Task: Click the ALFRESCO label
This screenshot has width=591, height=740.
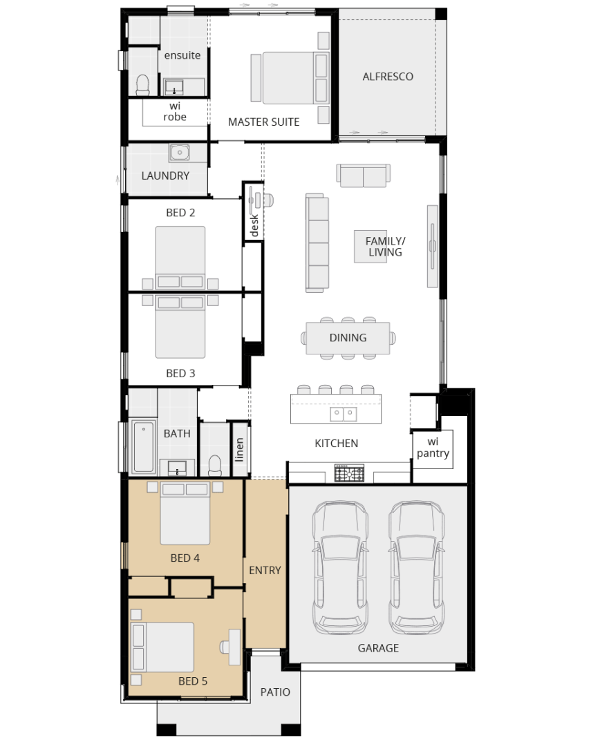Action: tap(388, 77)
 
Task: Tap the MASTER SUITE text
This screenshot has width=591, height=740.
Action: tap(264, 122)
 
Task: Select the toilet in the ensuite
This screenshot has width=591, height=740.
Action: tap(142, 86)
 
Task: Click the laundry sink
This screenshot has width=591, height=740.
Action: tap(180, 153)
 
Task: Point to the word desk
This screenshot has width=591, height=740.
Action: tap(254, 225)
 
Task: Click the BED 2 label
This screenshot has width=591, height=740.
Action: tap(180, 213)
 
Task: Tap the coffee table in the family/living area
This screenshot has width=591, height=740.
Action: tap(370, 247)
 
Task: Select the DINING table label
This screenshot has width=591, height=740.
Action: tap(348, 338)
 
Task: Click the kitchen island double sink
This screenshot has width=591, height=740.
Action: tap(343, 414)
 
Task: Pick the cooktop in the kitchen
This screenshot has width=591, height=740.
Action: tap(349, 473)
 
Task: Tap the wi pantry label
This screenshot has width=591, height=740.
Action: tap(433, 448)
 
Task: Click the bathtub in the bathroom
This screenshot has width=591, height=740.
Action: tap(144, 446)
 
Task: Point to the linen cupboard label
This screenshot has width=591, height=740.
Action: tap(239, 449)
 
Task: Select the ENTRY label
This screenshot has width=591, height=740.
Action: tap(265, 571)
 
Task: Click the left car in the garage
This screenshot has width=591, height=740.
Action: tap(340, 567)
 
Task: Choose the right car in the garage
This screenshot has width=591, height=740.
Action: tap(416, 567)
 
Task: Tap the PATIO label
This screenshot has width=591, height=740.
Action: tap(275, 692)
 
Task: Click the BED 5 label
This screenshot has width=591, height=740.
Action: tap(193, 681)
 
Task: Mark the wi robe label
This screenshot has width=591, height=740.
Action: tap(175, 111)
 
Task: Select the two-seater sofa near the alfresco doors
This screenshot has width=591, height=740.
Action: tap(364, 175)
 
